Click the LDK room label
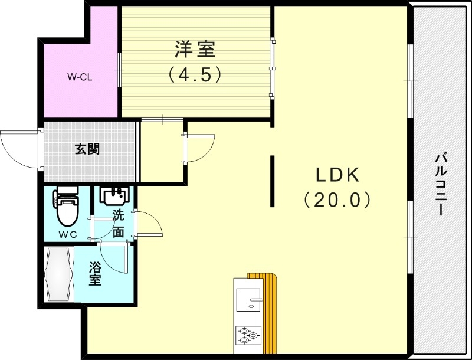click(x=337, y=175)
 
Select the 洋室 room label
click(x=195, y=50)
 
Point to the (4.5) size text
click(x=195, y=74)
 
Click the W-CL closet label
click(x=79, y=77)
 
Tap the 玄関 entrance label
click(x=87, y=149)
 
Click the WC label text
click(x=67, y=234)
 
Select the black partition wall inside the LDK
click(x=272, y=181)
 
